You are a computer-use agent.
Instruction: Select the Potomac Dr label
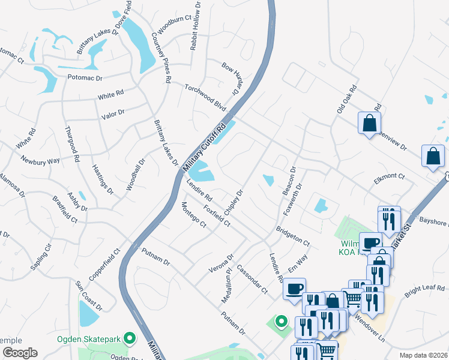85,77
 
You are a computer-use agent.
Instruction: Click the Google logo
19,353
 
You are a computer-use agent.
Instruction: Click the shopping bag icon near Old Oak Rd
369,124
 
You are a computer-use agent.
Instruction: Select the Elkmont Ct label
390,177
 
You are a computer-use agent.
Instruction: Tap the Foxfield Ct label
217,215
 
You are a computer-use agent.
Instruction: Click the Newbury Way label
40,160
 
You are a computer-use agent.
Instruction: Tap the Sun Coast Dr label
88,295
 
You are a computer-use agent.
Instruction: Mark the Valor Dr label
112,112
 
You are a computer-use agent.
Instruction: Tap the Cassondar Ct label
252,279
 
